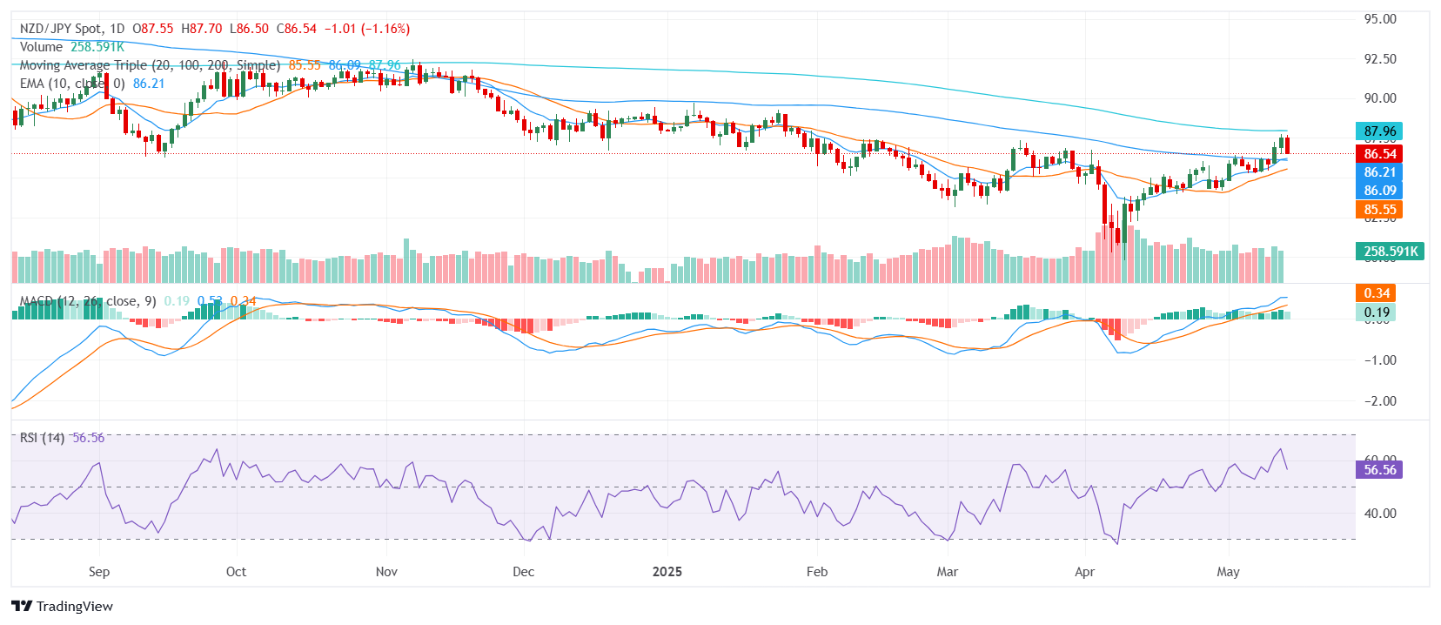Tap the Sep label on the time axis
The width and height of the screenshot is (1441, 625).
click(x=99, y=572)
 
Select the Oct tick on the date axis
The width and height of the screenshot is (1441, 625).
click(x=236, y=572)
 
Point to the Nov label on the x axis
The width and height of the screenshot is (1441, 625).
click(x=386, y=572)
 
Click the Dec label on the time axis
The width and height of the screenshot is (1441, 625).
click(x=523, y=572)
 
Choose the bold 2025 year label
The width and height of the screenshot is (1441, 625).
click(x=667, y=572)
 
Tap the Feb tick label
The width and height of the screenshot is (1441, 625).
click(x=817, y=572)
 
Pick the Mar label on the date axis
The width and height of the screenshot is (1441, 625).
click(x=947, y=572)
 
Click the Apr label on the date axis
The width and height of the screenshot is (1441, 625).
click(x=1084, y=572)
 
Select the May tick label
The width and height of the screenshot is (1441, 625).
click(x=1228, y=572)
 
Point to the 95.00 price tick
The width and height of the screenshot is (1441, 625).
click(x=1380, y=19)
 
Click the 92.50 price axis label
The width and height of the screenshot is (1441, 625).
click(x=1380, y=59)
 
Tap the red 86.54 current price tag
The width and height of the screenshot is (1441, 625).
click(x=1379, y=154)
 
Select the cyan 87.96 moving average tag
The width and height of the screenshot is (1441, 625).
click(x=1379, y=131)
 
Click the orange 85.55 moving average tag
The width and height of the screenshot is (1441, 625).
click(x=1379, y=210)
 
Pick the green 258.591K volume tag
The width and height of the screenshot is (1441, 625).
click(x=1390, y=252)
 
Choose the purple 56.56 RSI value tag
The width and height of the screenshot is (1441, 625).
click(x=1379, y=470)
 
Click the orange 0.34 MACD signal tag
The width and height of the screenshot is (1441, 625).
click(x=1377, y=293)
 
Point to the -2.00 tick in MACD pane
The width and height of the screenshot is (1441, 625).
click(x=1378, y=401)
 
